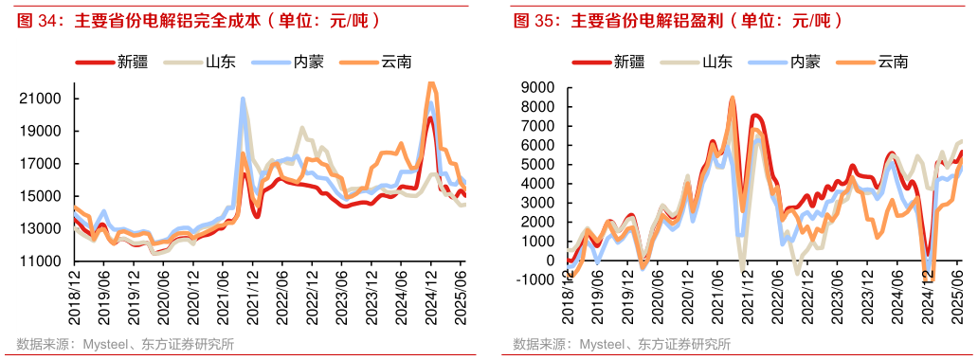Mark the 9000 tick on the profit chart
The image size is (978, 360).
pyautogui.click(x=540, y=87)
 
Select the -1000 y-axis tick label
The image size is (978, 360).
pyautogui.click(x=537, y=279)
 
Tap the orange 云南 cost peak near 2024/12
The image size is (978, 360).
pyautogui.click(x=432, y=83)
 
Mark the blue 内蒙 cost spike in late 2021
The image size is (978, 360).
pyautogui.click(x=244, y=99)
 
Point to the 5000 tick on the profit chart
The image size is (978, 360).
pyautogui.click(x=540, y=164)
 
